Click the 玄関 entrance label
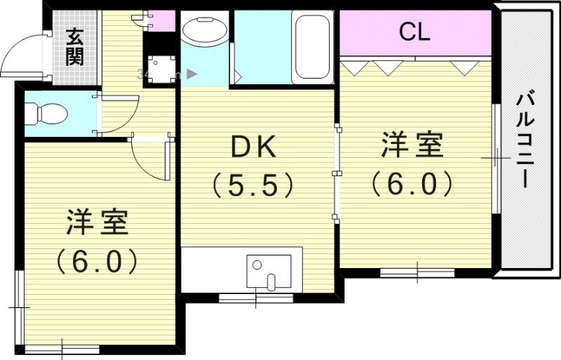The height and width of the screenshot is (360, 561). (x=74, y=47)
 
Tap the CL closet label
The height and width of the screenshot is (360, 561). (x=414, y=31)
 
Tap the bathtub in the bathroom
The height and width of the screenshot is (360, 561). (x=312, y=46)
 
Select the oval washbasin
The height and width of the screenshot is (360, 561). (x=203, y=30)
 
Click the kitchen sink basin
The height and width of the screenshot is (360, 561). (x=269, y=271)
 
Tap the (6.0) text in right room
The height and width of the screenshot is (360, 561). (x=412, y=184)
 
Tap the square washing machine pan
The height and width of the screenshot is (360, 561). (x=161, y=69)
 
